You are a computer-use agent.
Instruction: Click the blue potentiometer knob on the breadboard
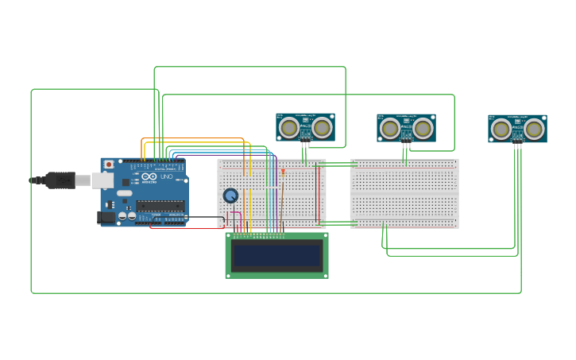[x=230, y=195]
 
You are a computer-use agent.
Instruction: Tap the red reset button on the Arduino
[x=109, y=165]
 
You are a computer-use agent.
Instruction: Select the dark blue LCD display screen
[x=276, y=256]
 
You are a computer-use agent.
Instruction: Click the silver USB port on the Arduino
[x=102, y=180]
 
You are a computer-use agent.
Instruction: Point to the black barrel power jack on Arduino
[x=105, y=217]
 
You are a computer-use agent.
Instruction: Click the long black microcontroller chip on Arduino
[x=160, y=206]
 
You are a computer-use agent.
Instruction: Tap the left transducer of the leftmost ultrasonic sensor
[x=289, y=127]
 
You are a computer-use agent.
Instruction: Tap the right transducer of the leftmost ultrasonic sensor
[x=322, y=127]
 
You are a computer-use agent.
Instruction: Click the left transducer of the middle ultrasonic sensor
[x=390, y=128]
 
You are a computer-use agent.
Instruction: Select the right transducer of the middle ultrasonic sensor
[x=423, y=128]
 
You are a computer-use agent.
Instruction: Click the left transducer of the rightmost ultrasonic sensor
[x=501, y=129]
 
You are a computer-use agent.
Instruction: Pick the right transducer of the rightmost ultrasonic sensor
[x=534, y=129]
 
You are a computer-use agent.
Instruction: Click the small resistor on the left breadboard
[x=283, y=172]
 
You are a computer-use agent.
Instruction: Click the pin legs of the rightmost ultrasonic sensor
[x=517, y=145]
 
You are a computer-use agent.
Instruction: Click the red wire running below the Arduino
[x=183, y=229]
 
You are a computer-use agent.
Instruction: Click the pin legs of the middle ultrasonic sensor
[x=406, y=145]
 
